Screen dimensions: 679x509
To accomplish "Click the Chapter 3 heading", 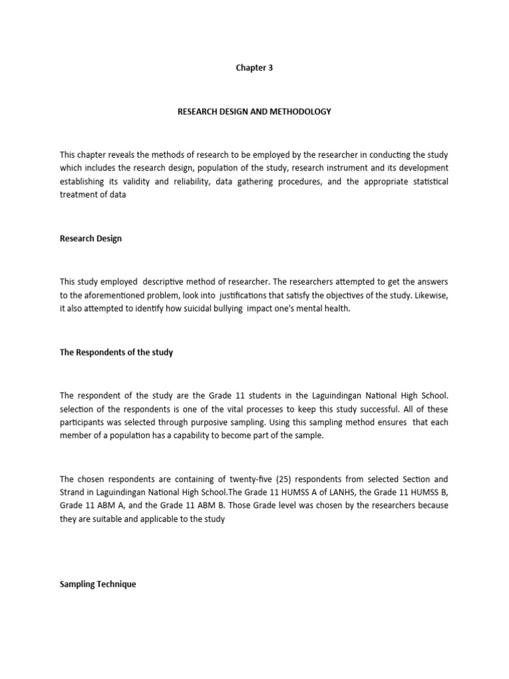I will (x=254, y=68).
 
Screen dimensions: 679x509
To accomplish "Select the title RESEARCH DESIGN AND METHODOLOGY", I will (x=254, y=111).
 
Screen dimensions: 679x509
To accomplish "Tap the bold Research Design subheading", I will (x=91, y=239).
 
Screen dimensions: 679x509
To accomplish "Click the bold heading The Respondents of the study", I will (x=116, y=352).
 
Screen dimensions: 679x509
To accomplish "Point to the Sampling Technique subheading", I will (x=97, y=584).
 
